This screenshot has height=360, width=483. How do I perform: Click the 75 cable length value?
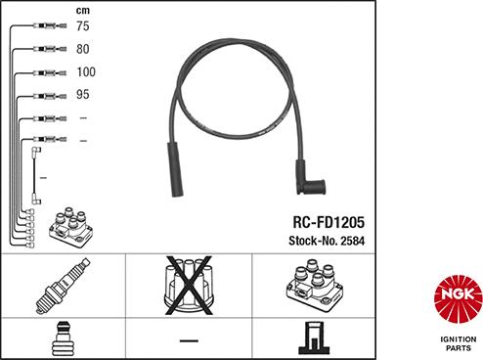(83, 26)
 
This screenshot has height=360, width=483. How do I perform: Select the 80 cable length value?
(83, 49)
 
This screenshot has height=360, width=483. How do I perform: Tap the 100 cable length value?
(86, 71)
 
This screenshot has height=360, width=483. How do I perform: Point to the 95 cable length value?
(83, 94)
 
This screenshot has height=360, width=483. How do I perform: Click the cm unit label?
(83, 11)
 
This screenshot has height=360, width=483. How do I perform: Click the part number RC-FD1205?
(329, 222)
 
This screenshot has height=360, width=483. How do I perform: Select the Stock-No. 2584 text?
(327, 241)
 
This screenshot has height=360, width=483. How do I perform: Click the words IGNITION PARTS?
(459, 343)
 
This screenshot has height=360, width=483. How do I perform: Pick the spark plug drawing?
(63, 286)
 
